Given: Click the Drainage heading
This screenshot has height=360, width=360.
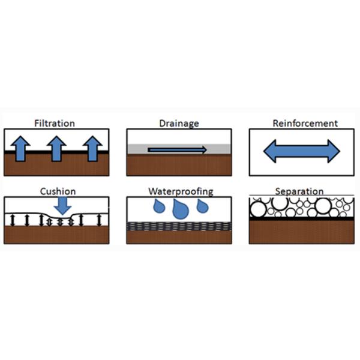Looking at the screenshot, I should [x=179, y=124].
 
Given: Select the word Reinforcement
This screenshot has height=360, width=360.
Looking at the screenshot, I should [x=305, y=124].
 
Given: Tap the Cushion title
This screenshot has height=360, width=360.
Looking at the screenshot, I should [x=58, y=192].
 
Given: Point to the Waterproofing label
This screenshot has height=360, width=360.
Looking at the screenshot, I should [x=179, y=192].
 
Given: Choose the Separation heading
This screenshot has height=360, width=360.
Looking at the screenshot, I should [x=299, y=192].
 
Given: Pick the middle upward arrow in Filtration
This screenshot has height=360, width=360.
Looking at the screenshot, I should [x=56, y=148].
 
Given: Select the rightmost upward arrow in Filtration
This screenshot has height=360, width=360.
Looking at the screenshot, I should [x=92, y=148].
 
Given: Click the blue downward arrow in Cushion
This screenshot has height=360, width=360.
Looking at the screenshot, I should [x=61, y=206].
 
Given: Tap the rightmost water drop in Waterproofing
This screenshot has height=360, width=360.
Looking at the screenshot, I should [x=202, y=205].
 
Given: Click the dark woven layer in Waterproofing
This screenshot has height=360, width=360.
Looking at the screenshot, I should [x=179, y=227].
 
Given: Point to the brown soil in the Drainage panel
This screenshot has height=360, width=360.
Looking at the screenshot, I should [x=179, y=165].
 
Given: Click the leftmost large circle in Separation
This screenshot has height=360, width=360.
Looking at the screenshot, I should [x=259, y=209].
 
